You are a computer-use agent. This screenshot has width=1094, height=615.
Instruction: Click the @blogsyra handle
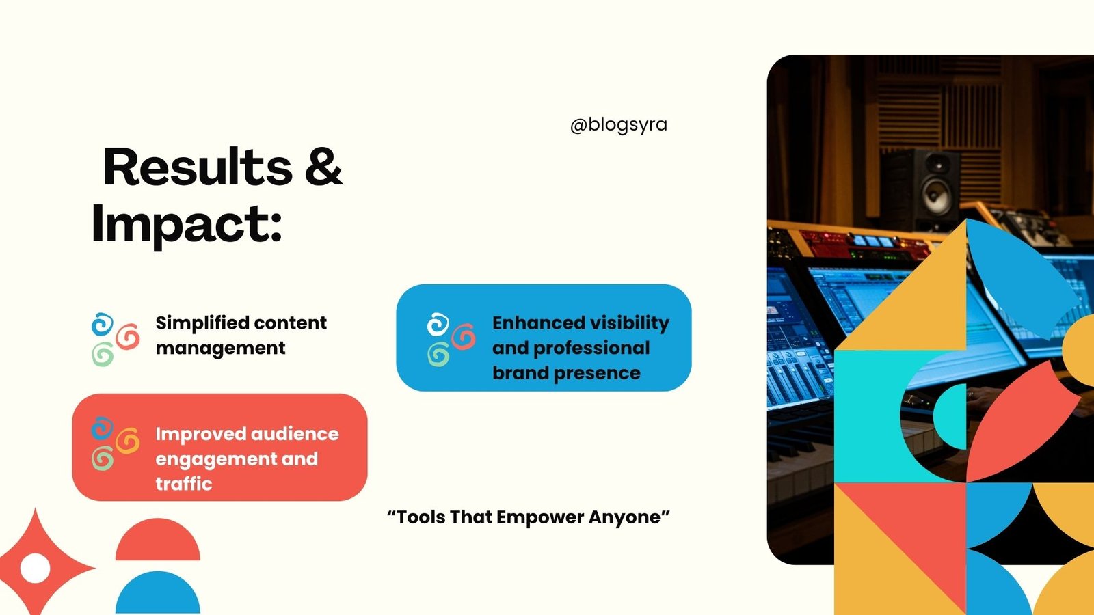click(x=618, y=125)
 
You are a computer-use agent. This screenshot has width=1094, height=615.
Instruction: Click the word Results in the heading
click(x=198, y=167)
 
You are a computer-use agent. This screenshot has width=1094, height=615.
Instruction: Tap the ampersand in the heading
click(x=324, y=167)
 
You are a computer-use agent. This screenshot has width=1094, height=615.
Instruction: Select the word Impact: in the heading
click(x=187, y=225)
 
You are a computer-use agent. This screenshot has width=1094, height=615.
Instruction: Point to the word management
click(x=220, y=348)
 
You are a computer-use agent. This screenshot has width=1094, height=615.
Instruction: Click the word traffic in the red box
click(x=184, y=484)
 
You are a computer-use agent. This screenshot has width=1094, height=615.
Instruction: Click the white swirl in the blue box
click(x=438, y=325)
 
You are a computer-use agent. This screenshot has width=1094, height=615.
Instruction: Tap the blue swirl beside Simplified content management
click(x=103, y=325)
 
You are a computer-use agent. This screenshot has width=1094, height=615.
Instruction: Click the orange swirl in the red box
click(x=128, y=440)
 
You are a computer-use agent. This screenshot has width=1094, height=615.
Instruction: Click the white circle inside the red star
click(x=35, y=568)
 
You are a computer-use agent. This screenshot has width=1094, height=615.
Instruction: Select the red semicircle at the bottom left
click(x=158, y=540)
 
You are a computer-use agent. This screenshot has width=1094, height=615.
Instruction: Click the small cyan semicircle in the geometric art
click(x=950, y=416)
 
